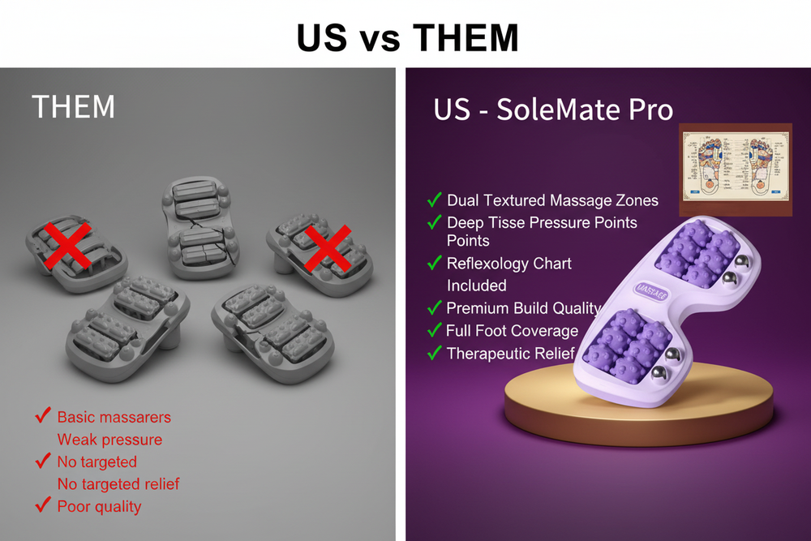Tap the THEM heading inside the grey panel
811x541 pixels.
click(x=73, y=106)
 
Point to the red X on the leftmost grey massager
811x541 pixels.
click(x=67, y=243)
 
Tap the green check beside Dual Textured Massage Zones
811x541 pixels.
click(x=434, y=200)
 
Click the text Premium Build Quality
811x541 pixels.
click(x=523, y=308)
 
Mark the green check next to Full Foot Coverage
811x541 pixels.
click(x=434, y=331)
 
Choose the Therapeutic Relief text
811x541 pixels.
click(x=510, y=354)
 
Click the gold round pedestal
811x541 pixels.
click(x=568, y=406)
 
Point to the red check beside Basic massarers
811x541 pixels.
click(x=43, y=417)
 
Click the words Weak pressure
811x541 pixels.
click(x=109, y=440)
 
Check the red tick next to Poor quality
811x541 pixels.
click(x=43, y=506)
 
